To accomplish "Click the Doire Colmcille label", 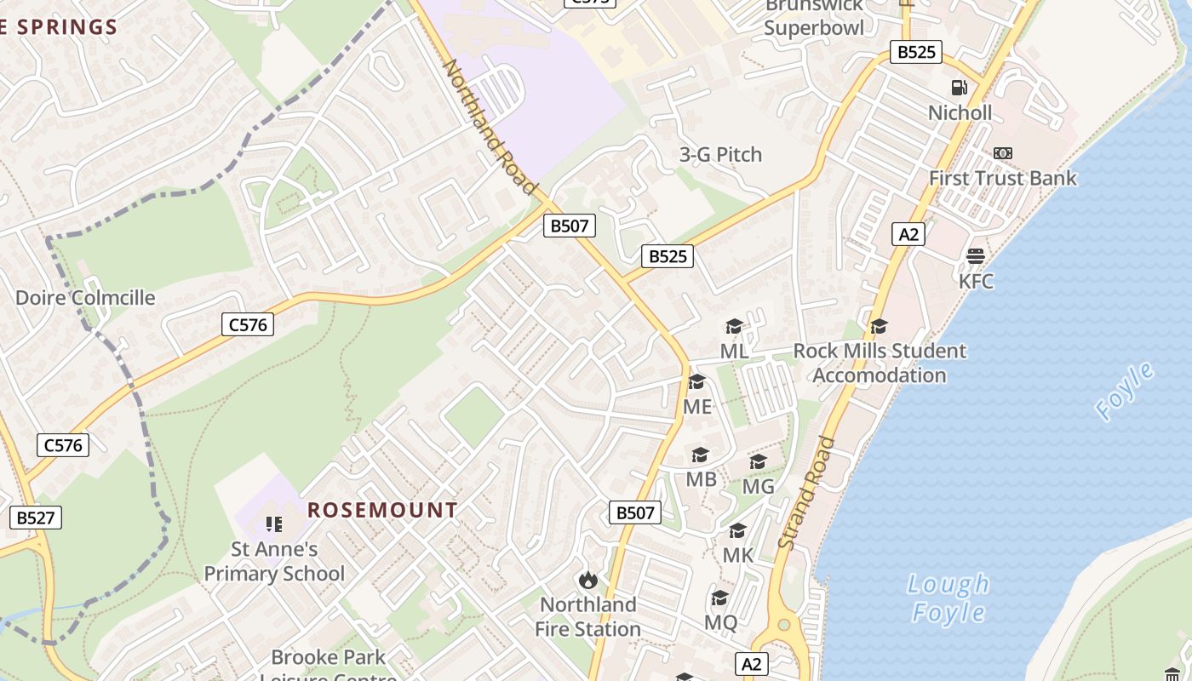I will (x=85, y=298).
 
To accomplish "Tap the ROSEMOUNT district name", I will (x=382, y=511).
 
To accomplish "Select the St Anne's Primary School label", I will (x=274, y=562).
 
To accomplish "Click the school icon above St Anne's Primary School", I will (x=273, y=524).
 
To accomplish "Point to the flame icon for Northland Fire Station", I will (x=587, y=580).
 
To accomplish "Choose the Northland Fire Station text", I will (x=587, y=617).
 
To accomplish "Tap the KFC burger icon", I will (x=976, y=256).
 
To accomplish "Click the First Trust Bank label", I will (x=1002, y=179).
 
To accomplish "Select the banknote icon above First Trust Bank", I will (x=1003, y=153).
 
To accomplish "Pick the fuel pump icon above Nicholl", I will (x=960, y=88).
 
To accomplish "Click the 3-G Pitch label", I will (x=720, y=155).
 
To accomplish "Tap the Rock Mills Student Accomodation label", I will (x=880, y=363).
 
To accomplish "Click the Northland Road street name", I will (x=491, y=126).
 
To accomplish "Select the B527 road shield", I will (x=36, y=518).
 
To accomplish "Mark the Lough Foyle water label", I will (x=948, y=598).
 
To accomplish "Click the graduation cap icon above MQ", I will (x=720, y=598).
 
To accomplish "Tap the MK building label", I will (x=737, y=555).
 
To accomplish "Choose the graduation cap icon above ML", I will (x=734, y=326).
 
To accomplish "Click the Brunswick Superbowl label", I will (x=813, y=17).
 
